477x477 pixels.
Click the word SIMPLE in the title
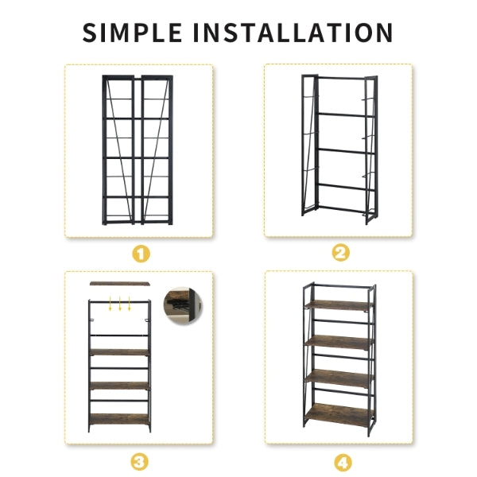click(132, 33)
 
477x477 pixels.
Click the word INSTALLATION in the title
click(293, 33)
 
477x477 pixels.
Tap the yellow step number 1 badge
click(141, 254)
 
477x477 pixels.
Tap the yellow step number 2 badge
click(341, 253)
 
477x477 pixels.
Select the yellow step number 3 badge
click(140, 462)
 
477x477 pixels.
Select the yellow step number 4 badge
click(343, 463)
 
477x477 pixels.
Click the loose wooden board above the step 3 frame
click(120, 284)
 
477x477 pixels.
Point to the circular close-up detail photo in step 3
click(183, 306)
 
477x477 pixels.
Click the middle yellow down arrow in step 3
click(120, 304)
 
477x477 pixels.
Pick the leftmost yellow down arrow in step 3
click(111, 304)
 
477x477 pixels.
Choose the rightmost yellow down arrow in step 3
click(130, 304)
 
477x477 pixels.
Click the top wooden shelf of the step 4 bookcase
click(339, 305)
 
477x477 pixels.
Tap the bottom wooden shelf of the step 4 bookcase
click(339, 415)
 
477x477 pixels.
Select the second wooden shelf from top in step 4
click(339, 342)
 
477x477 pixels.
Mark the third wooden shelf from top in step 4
click(339, 378)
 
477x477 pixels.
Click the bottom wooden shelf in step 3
click(119, 419)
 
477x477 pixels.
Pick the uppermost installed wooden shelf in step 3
click(119, 352)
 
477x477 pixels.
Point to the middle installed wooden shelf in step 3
click(119, 386)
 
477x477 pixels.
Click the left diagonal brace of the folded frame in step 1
click(118, 151)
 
